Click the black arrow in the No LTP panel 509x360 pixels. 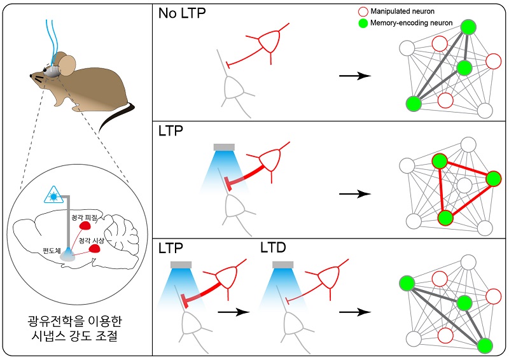coord(354,76)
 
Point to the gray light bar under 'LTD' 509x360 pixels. coord(282,263)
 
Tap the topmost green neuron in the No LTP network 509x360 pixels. coord(468,27)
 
